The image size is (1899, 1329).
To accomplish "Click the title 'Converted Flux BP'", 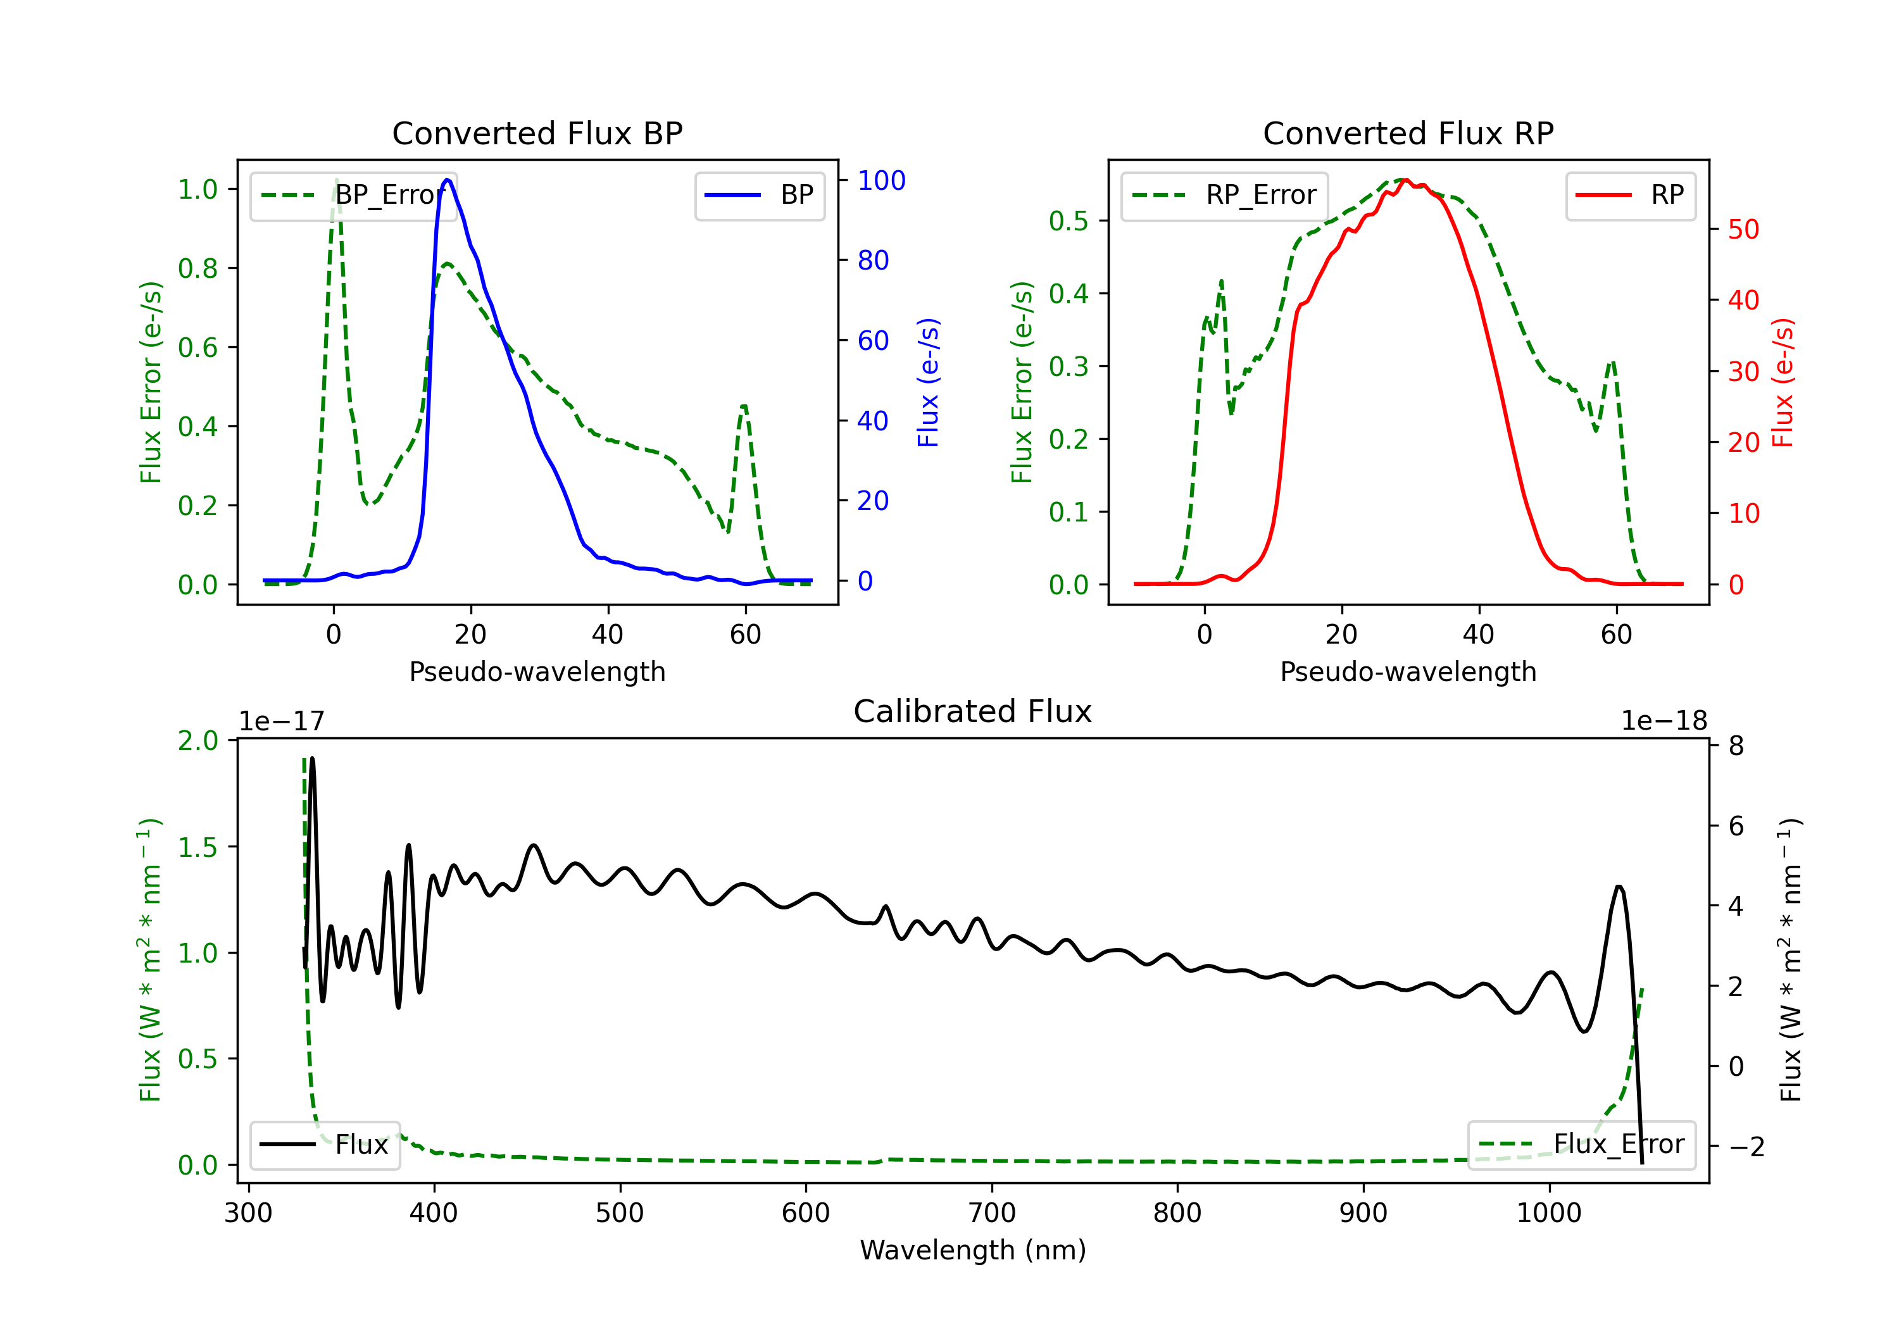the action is [x=537, y=133].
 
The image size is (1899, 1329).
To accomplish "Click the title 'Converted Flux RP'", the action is [x=1408, y=133].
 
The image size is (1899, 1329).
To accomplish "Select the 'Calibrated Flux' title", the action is [x=973, y=711].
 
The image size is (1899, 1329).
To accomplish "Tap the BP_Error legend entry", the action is [x=353, y=195].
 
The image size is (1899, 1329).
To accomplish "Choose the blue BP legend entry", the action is [x=759, y=195].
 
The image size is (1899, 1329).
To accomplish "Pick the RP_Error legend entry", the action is [x=1224, y=195].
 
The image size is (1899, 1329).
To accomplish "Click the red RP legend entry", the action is [x=1630, y=195].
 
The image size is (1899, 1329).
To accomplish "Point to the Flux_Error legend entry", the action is [x=1581, y=1145].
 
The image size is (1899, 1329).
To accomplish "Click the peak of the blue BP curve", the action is [x=448, y=180].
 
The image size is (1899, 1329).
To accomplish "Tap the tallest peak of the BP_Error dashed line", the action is [x=335, y=180].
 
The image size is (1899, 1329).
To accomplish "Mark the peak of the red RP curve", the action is [x=1405, y=180].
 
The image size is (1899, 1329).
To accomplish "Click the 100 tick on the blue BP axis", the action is [x=882, y=180].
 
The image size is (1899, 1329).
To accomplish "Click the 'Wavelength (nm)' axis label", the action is [x=973, y=1250].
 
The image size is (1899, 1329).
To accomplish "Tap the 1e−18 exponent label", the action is [x=1664, y=721].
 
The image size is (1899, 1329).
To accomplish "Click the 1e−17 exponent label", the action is [x=282, y=721].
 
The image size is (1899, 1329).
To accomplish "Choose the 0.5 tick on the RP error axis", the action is [x=1069, y=221].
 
